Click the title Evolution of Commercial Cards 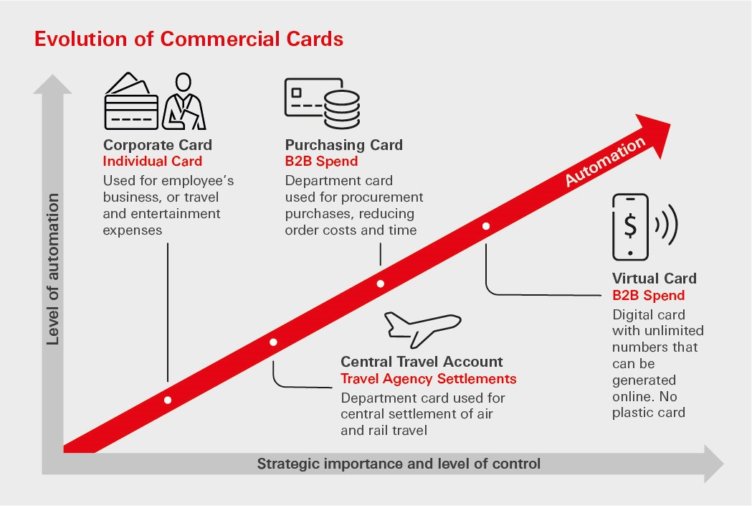click(x=189, y=39)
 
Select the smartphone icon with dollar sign click(x=630, y=227)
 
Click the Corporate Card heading click(x=158, y=145)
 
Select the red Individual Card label click(x=153, y=161)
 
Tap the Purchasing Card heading click(x=344, y=145)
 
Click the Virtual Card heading click(x=654, y=278)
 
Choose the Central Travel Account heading click(x=422, y=362)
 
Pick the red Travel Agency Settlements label click(x=428, y=379)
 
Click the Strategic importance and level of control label click(x=399, y=464)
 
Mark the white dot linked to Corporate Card click(x=168, y=400)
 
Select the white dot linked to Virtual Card click(x=486, y=226)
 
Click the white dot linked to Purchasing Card click(x=380, y=284)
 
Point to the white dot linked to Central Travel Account click(x=273, y=342)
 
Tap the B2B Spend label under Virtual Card click(x=648, y=295)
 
